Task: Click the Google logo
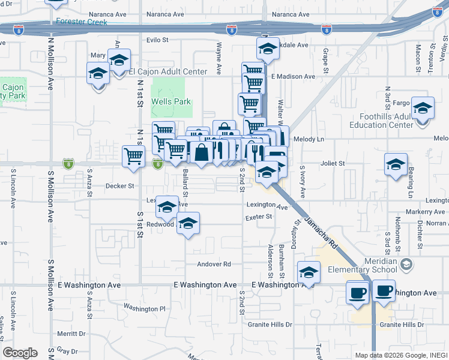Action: pos(20,353)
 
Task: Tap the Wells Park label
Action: pos(170,101)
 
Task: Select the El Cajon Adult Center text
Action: pos(168,72)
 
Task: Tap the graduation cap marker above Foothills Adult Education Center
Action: pos(423,109)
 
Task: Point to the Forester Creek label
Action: pos(81,22)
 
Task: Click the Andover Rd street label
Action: pos(214,264)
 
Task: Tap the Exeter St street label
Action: pos(259,217)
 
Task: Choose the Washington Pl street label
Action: pos(144,308)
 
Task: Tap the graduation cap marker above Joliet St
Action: pos(396,164)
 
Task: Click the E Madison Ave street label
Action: pos(293,77)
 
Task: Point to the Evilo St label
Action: pos(159,40)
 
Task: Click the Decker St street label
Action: pos(119,186)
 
